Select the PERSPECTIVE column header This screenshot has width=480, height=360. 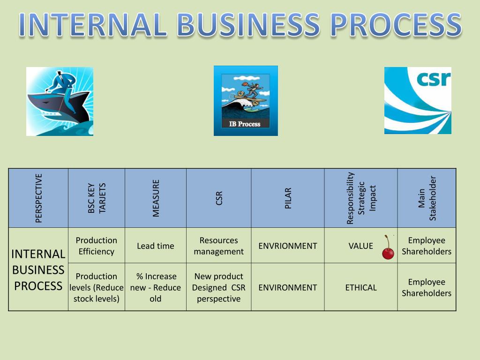click(x=39, y=198)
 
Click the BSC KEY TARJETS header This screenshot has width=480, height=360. click(x=97, y=198)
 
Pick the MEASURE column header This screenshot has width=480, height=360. click(x=156, y=198)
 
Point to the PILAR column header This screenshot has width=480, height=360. click(x=288, y=198)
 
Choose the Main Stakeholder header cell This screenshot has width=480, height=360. click(x=427, y=198)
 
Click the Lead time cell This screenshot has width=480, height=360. click(x=155, y=246)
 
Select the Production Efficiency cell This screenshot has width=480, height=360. click(x=96, y=246)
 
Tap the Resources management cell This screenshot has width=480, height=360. click(x=218, y=246)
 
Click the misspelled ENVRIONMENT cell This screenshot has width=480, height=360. click(x=287, y=246)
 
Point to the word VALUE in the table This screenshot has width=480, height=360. click(x=360, y=246)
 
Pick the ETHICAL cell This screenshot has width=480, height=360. click(x=360, y=287)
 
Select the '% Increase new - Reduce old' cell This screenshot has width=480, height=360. click(x=155, y=287)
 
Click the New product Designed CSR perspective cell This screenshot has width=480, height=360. click(x=218, y=287)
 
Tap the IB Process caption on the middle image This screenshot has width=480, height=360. click(x=245, y=124)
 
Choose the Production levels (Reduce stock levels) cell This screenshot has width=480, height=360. click(x=96, y=287)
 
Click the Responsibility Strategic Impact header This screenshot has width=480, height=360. click(x=360, y=198)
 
